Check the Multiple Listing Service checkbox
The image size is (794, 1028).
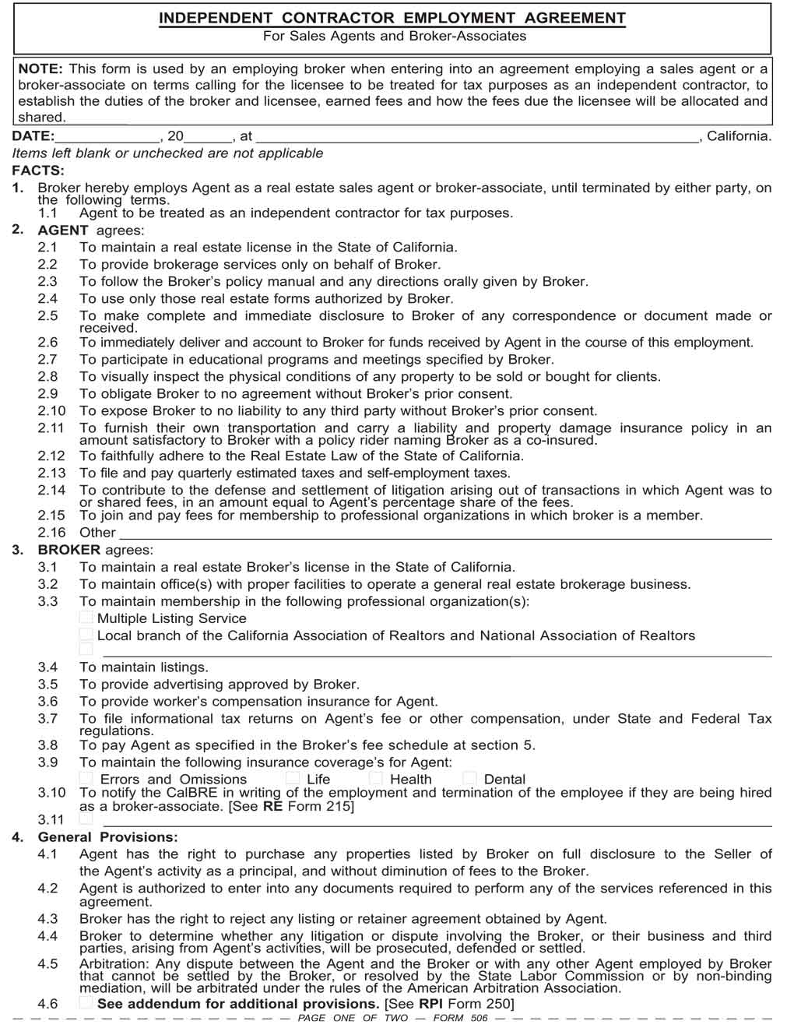pyautogui.click(x=86, y=618)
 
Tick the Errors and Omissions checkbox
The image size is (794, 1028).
pyautogui.click(x=86, y=778)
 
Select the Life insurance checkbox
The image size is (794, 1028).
pyautogui.click(x=292, y=778)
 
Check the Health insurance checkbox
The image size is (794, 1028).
pyautogui.click(x=376, y=778)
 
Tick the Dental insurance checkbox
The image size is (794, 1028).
pyautogui.click(x=469, y=778)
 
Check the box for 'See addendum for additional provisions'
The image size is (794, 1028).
pyautogui.click(x=86, y=1003)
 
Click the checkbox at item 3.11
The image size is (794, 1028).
pyautogui.click(x=86, y=819)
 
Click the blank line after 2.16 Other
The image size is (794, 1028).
pyautogui.click(x=444, y=533)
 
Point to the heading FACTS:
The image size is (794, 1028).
pyautogui.click(x=38, y=171)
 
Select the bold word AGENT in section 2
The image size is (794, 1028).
pyautogui.click(x=63, y=230)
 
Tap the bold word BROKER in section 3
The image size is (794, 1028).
pyautogui.click(x=69, y=550)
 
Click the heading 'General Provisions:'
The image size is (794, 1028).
pyautogui.click(x=107, y=837)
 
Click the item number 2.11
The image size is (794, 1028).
pyautogui.click(x=51, y=428)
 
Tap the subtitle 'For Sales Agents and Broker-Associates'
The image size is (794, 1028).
pyautogui.click(x=394, y=36)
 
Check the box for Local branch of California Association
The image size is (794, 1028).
pyautogui.click(x=86, y=635)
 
